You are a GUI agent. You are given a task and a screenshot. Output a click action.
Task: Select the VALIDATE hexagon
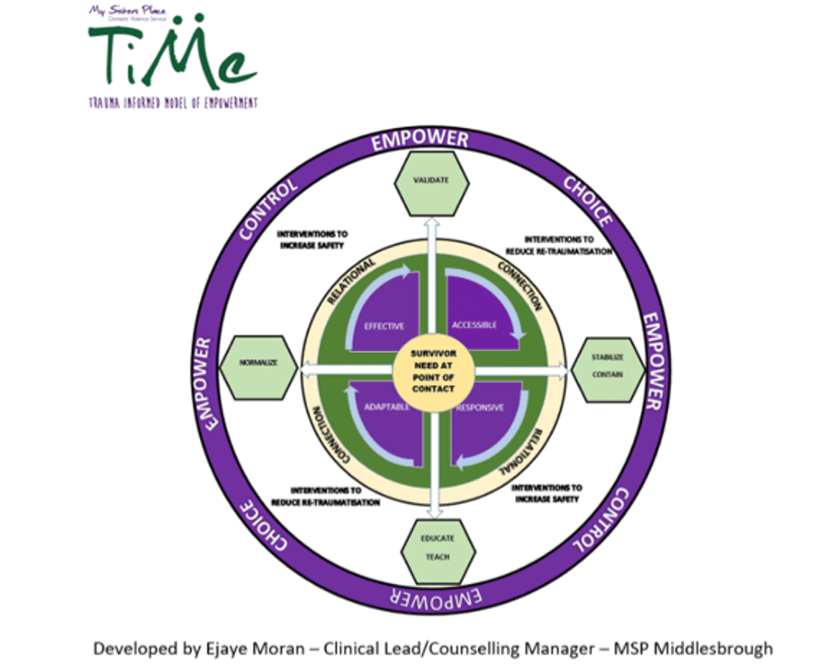pos(432,181)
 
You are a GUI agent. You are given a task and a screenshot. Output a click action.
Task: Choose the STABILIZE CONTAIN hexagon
pos(608,368)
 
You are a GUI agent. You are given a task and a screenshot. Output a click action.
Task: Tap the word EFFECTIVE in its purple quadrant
pos(384,325)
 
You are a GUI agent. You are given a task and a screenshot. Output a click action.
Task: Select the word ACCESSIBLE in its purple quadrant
pos(475,325)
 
